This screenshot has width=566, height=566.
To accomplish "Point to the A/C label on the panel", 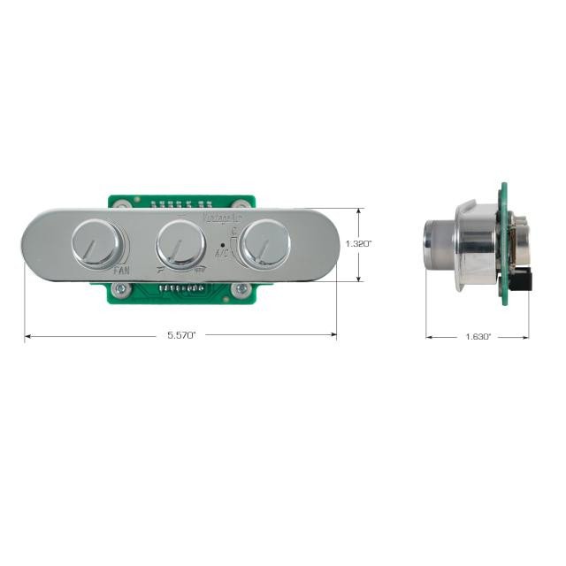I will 220,251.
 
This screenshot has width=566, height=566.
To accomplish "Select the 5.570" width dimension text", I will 181,336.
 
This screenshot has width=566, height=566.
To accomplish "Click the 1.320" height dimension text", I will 358,243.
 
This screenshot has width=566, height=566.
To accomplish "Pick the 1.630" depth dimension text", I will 477,337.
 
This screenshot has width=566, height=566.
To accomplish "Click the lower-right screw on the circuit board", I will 236,288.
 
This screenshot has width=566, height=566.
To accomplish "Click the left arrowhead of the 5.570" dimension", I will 27,335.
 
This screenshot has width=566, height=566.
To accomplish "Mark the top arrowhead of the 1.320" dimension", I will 359,211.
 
